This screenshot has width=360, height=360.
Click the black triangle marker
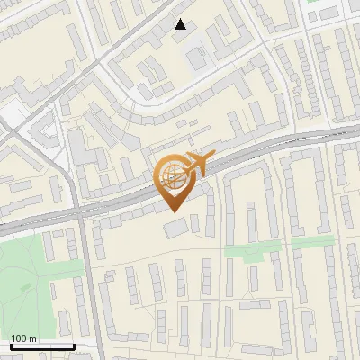tap(181, 24)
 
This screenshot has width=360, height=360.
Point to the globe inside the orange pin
tap(173, 176)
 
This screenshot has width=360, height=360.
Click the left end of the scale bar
tap(11, 346)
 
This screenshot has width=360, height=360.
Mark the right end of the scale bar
tap(74, 346)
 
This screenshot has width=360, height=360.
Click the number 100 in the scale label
tap(19, 338)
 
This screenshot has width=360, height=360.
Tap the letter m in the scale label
tap(33, 338)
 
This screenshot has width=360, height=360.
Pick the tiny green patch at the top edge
tap(314, 2)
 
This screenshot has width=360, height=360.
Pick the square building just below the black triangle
tap(196, 58)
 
